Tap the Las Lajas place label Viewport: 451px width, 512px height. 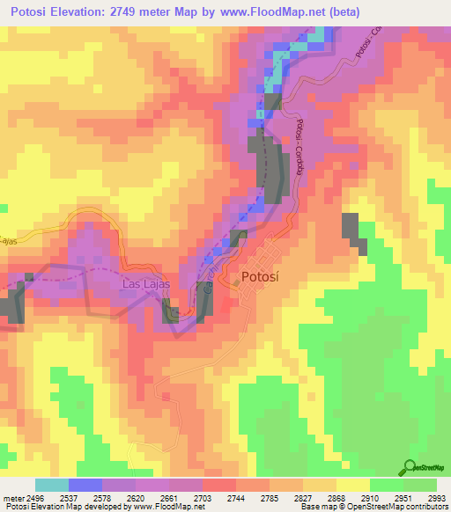pos(145,284)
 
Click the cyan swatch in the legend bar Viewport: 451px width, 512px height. pos(52,485)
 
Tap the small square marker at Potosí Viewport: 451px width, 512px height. pos(235,282)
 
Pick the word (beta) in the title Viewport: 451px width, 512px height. pos(382,11)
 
